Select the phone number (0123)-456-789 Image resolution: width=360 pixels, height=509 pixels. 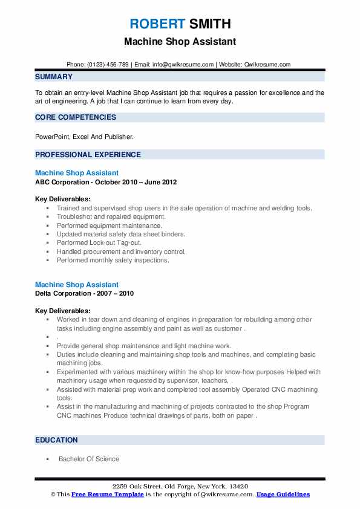106,65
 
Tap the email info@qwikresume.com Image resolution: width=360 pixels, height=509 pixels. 183,65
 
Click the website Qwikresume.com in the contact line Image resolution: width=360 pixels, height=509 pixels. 267,65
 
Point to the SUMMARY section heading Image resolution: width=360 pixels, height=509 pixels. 54,77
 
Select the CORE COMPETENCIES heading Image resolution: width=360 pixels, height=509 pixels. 76,117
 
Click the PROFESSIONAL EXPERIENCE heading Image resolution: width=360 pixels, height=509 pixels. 88,155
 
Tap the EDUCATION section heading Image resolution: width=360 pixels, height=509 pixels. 56,440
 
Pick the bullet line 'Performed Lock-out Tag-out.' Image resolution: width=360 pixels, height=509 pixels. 99,243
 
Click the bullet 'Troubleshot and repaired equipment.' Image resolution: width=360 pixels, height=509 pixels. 111,216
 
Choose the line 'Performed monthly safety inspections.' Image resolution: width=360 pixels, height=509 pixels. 113,261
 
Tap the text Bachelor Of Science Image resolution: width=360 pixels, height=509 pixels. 89,459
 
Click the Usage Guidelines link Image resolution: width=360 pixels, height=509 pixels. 283,494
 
